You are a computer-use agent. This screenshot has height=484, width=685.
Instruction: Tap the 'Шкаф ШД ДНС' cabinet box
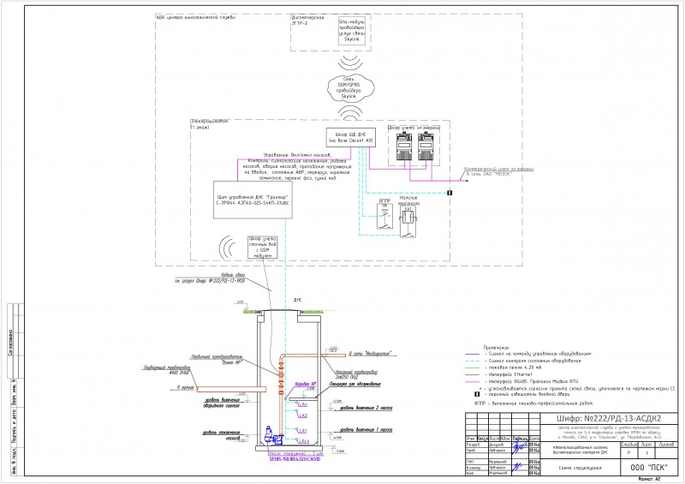click(x=347, y=139)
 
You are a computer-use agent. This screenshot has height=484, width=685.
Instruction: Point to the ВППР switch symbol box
click(x=384, y=218)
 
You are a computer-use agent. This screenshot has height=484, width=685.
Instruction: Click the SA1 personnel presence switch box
click(x=408, y=220)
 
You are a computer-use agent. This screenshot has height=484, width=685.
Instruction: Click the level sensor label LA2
click(x=302, y=415)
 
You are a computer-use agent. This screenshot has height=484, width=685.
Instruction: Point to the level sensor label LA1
click(x=302, y=429)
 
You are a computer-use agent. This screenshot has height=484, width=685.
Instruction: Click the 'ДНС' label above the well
click(x=297, y=300)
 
